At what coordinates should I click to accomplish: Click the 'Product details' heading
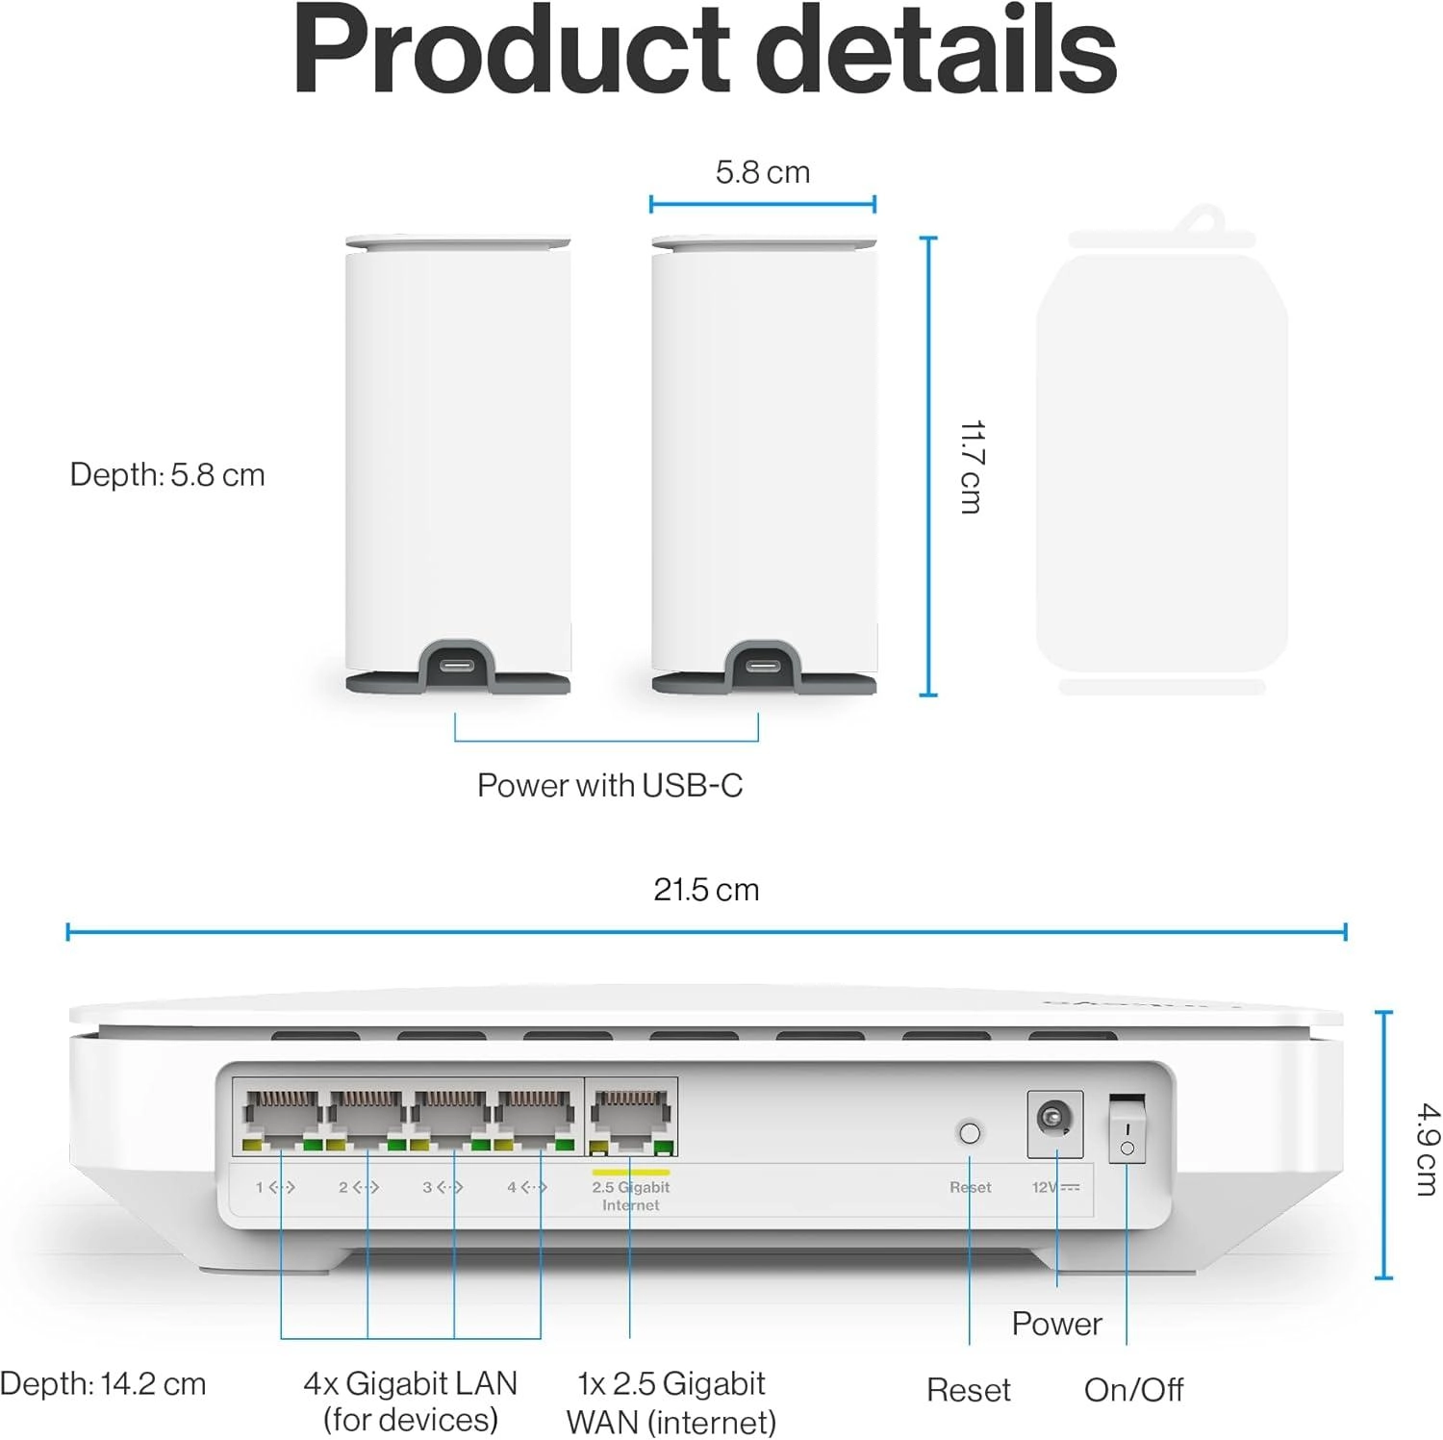click(x=704, y=50)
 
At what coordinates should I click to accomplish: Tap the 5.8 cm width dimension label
click(x=762, y=172)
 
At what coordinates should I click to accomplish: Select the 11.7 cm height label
click(x=971, y=467)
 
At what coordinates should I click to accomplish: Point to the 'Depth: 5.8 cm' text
click(x=167, y=475)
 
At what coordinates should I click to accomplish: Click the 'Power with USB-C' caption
click(x=610, y=786)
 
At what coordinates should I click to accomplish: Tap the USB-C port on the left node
click(x=457, y=667)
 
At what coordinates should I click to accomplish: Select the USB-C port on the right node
click(x=763, y=667)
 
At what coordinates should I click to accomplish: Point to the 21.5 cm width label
click(x=706, y=890)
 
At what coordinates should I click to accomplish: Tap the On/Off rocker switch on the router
click(x=1127, y=1127)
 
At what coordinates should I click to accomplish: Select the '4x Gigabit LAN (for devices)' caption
click(x=411, y=1402)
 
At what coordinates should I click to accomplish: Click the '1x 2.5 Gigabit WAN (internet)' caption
click(x=671, y=1402)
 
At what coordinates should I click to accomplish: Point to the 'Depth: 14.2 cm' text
click(x=103, y=1384)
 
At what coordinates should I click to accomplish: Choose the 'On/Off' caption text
click(x=1133, y=1390)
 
